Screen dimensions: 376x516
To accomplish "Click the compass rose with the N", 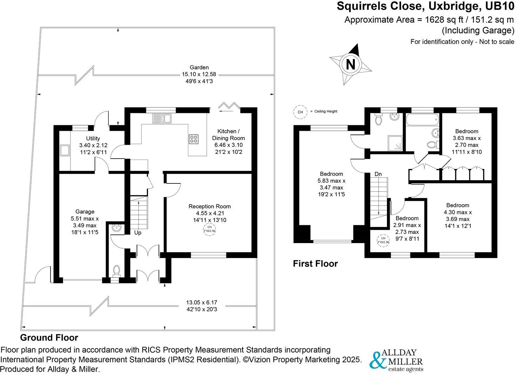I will [x=351, y=64].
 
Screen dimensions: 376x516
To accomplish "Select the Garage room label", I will [x=85, y=211].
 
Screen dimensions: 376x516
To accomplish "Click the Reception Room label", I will [x=210, y=206].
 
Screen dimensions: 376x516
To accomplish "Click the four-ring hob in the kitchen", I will [x=194, y=139].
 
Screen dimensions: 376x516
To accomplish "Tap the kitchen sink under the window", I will [x=161, y=119].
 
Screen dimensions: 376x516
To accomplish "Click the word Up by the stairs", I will [x=138, y=233].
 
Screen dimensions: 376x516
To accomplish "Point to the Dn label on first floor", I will [x=378, y=174].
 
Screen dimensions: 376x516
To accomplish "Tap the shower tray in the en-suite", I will [x=396, y=143].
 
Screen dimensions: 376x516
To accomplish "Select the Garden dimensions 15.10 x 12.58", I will [x=199, y=74].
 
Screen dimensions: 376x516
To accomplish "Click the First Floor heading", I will [x=315, y=264].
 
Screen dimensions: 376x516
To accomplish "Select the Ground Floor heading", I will [x=49, y=338].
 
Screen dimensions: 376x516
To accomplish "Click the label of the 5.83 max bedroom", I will [x=331, y=174].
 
